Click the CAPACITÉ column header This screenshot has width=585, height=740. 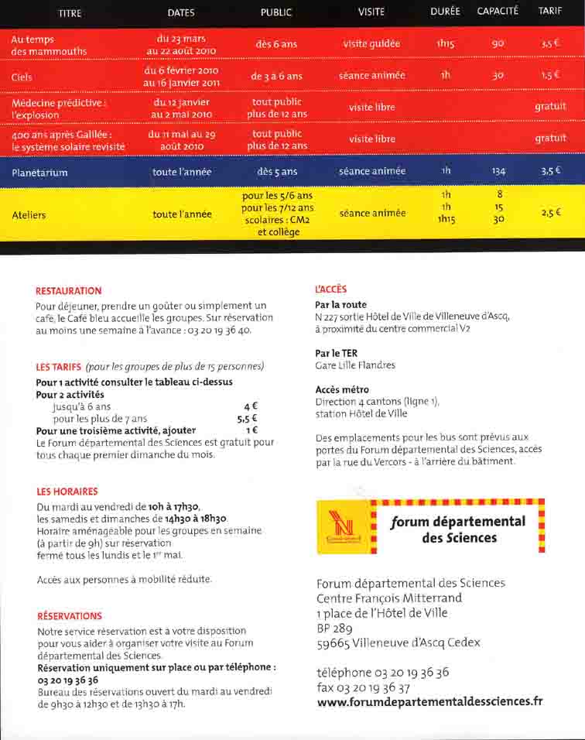click(x=498, y=12)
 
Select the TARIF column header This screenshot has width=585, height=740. click(x=550, y=12)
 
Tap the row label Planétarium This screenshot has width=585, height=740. click(x=39, y=173)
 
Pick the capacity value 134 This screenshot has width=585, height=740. click(x=498, y=171)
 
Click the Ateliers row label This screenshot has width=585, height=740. click(x=29, y=215)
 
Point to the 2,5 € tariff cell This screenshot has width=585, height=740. click(x=551, y=211)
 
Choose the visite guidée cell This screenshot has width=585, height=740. click(x=371, y=44)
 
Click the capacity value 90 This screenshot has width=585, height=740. click(x=498, y=44)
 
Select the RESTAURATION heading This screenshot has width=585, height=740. click(x=69, y=291)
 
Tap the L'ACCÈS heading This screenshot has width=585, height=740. click(x=331, y=289)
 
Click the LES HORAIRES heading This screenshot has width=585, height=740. click(x=67, y=492)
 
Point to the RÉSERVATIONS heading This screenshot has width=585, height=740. click(x=70, y=616)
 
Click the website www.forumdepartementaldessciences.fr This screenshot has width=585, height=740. click(x=429, y=702)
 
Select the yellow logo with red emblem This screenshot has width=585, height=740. click(x=340, y=527)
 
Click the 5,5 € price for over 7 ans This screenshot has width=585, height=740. click(x=247, y=419)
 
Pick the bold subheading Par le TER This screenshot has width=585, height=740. click(x=336, y=353)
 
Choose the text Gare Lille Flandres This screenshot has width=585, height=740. click(x=355, y=365)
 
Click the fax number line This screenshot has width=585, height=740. click(x=363, y=687)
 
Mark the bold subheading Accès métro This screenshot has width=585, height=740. click(x=342, y=389)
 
